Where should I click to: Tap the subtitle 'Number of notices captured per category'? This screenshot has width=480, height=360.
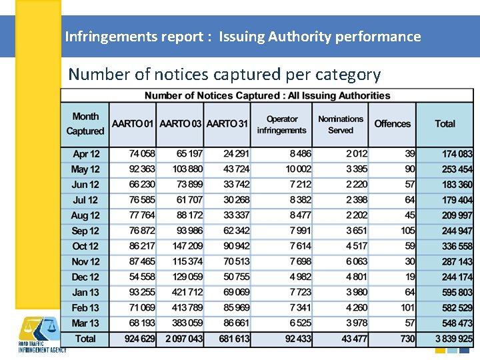coord(224,74)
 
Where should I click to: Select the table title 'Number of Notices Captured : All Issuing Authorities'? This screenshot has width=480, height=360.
coord(267,95)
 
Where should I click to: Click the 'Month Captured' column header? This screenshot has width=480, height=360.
coord(85,124)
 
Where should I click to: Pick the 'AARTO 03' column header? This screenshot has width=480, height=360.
coord(181,124)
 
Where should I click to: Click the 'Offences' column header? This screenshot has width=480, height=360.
coord(392,124)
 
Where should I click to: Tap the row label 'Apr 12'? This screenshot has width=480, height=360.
coord(85,154)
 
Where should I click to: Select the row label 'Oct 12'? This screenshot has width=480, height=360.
coord(85,247)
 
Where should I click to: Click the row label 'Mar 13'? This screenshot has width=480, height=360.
coord(85,323)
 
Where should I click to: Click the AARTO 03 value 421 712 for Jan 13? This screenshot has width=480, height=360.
coord(187,293)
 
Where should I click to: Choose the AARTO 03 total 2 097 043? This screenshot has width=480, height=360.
coord(182,339)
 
